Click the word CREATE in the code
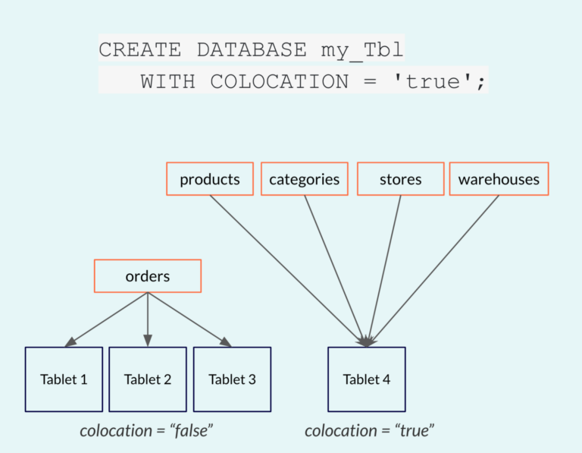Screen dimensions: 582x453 pos(140,49)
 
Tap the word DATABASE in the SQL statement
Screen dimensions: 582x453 pos(252,49)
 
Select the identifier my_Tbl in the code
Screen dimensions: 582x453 pos(362,50)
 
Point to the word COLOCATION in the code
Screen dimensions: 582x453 pos(280,81)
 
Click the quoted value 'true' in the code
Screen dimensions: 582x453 pos(433,80)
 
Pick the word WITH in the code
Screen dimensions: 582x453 pos(167,81)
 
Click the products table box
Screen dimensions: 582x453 pos(210,179)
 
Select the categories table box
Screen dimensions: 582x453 pos(305,179)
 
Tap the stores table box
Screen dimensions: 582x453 pos(400,179)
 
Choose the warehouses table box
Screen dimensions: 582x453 pos(499,179)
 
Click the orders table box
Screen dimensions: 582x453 pos(148,276)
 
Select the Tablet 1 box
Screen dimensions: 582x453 pos(64,379)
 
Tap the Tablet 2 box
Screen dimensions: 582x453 pos(148,379)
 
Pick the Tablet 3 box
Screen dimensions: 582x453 pos(233,379)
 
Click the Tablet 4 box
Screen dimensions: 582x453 pos(367,379)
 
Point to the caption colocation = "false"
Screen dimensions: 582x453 pos(146,431)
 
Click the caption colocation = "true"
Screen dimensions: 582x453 pos(369,431)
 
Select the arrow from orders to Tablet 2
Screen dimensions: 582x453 pos(148,319)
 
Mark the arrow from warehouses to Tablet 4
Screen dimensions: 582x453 pos(433,271)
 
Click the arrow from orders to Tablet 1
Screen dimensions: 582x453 pos(106,319)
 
